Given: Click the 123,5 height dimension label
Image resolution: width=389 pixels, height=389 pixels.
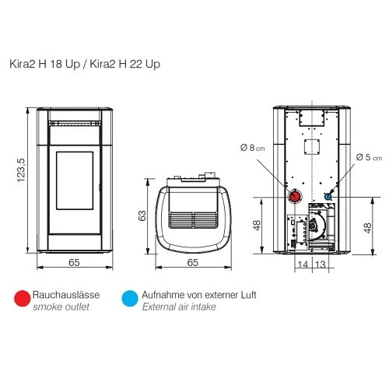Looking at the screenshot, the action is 21,170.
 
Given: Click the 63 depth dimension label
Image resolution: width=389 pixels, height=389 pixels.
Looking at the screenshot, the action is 142,216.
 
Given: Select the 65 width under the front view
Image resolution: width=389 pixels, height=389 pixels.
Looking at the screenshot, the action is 74,262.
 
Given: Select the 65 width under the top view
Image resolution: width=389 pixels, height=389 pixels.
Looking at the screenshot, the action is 193,262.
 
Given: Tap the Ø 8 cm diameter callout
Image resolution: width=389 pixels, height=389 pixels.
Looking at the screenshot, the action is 252,148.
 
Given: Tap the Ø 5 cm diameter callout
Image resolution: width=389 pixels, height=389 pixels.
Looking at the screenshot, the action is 369,157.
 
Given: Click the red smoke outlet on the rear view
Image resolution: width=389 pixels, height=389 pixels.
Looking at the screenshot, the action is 295,196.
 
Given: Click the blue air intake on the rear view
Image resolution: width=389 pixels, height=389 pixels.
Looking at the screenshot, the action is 328,197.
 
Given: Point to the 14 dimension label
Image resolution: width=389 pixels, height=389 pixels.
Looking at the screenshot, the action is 303,265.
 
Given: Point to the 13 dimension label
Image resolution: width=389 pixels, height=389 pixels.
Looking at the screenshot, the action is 321,265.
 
